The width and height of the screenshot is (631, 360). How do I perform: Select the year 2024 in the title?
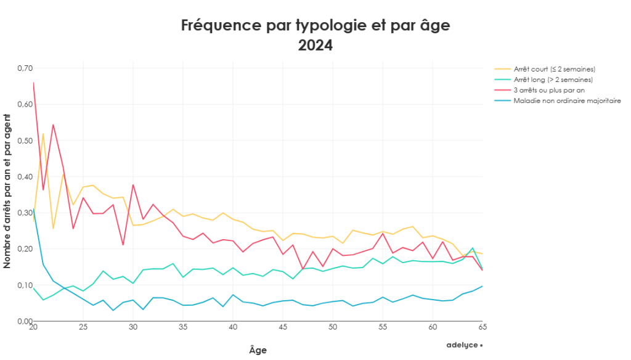315,46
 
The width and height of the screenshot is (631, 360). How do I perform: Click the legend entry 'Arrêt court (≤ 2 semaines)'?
546,68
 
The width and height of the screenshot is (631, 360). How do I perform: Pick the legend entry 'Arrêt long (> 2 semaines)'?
545,79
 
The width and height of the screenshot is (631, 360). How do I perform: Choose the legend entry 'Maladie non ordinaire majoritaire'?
558,100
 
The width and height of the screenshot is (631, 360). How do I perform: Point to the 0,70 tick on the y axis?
24,68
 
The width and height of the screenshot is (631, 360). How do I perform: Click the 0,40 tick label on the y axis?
24,176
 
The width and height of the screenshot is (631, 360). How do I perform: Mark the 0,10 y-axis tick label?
24,285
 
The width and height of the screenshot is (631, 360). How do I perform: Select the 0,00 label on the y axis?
24,321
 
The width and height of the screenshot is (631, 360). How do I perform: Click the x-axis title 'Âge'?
258,350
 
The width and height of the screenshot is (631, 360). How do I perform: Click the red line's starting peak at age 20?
33,83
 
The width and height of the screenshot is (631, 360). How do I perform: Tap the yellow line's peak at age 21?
43,133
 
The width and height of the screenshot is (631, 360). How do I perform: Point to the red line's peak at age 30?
133,184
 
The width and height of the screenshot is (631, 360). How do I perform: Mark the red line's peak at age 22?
53,125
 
